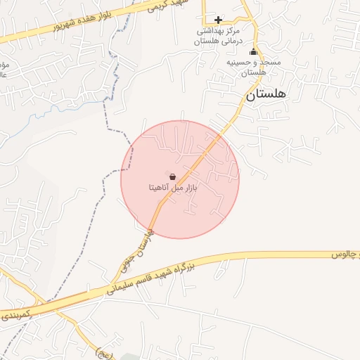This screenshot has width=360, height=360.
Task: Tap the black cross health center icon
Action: point(218,20)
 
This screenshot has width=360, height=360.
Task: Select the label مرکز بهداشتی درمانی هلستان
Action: point(217,37)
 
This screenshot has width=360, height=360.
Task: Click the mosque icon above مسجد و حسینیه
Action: point(254,52)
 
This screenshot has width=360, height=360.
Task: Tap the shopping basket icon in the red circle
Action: point(173,176)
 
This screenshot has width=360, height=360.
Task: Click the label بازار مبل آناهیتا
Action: point(173,188)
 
